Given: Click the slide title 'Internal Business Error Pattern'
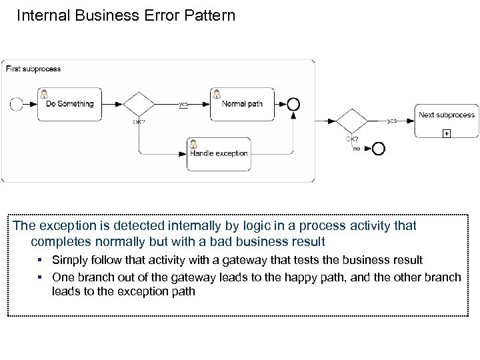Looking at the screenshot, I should (x=125, y=15).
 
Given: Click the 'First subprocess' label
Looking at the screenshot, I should (x=33, y=69).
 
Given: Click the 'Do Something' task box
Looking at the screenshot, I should (x=69, y=104).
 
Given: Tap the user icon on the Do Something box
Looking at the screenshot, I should (x=45, y=93).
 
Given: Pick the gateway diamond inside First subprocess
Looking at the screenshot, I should (x=139, y=104).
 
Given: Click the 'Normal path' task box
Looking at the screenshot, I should (x=241, y=104).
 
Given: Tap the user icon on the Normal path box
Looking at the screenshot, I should (x=217, y=93).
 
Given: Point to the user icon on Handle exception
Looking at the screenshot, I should (x=193, y=143).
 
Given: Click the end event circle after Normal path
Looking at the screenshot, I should (x=293, y=104).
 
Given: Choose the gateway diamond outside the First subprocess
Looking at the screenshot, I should (x=351, y=121).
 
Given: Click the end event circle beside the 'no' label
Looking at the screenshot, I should (x=379, y=148).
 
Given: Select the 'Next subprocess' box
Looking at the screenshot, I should (x=446, y=121).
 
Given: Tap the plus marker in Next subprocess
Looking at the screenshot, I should (x=447, y=133).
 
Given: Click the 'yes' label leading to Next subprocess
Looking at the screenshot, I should (x=392, y=121).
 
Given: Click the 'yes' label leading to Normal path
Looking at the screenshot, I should (x=183, y=104).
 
